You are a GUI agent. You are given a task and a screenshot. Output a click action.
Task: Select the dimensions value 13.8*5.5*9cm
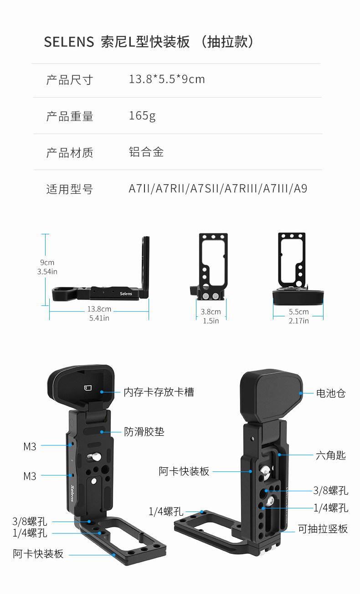167,79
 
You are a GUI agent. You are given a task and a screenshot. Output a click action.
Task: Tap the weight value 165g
142,116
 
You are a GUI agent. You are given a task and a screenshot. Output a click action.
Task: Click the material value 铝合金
146,152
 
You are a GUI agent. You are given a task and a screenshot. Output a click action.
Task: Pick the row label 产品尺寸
69,80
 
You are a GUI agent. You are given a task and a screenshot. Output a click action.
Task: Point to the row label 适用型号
69,189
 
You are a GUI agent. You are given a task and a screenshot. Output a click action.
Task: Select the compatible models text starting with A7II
218,189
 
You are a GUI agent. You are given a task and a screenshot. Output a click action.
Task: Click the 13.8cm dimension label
99,310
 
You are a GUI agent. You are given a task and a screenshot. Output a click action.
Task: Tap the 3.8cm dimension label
211,312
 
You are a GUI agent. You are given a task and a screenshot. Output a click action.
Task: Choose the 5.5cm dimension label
298,312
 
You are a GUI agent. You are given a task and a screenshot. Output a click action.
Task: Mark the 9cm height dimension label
47,263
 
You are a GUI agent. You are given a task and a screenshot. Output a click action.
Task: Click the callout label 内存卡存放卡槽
159,392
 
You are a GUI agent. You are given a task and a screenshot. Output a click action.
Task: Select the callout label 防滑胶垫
144,432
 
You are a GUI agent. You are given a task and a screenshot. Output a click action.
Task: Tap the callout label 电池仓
331,393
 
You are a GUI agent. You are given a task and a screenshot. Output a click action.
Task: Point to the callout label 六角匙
331,455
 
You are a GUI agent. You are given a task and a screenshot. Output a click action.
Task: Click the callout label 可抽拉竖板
323,529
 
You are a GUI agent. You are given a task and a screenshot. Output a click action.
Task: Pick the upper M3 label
30,447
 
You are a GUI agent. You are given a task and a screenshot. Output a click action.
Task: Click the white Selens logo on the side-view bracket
126,294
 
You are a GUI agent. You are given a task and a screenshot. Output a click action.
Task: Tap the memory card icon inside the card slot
88,388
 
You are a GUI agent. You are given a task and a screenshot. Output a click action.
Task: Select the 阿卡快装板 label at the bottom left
38,554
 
